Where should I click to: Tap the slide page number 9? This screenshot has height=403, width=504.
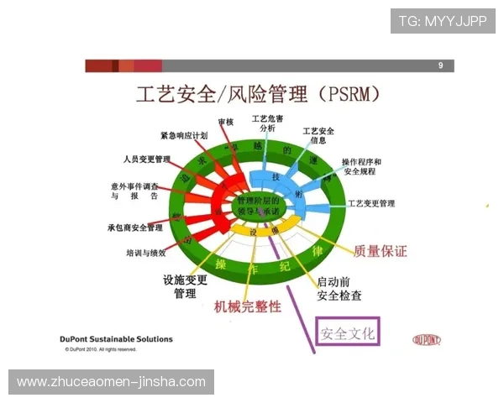coord(440,65)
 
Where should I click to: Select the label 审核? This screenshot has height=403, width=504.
coord(225,123)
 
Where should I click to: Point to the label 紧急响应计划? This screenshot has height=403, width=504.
coord(184,135)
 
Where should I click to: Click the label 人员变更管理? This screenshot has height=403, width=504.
coord(146,159)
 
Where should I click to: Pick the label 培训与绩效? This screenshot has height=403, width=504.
coord(152,252)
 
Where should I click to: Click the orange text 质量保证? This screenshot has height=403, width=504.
coord(381,250)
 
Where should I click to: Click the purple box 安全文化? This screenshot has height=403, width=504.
coord(348,333)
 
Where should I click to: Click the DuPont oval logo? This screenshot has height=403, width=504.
coord(428,339)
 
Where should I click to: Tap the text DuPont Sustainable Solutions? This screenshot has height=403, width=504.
coord(117,339)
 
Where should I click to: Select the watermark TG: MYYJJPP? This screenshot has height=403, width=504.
coord(443,20)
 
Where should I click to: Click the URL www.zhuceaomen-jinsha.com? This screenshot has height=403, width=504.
coord(111,382)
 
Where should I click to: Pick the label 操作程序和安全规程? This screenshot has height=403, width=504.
coord(362,166)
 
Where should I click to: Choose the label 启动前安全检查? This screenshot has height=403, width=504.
coord(339,289)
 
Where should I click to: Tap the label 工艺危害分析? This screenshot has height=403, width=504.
coord(268,123)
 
